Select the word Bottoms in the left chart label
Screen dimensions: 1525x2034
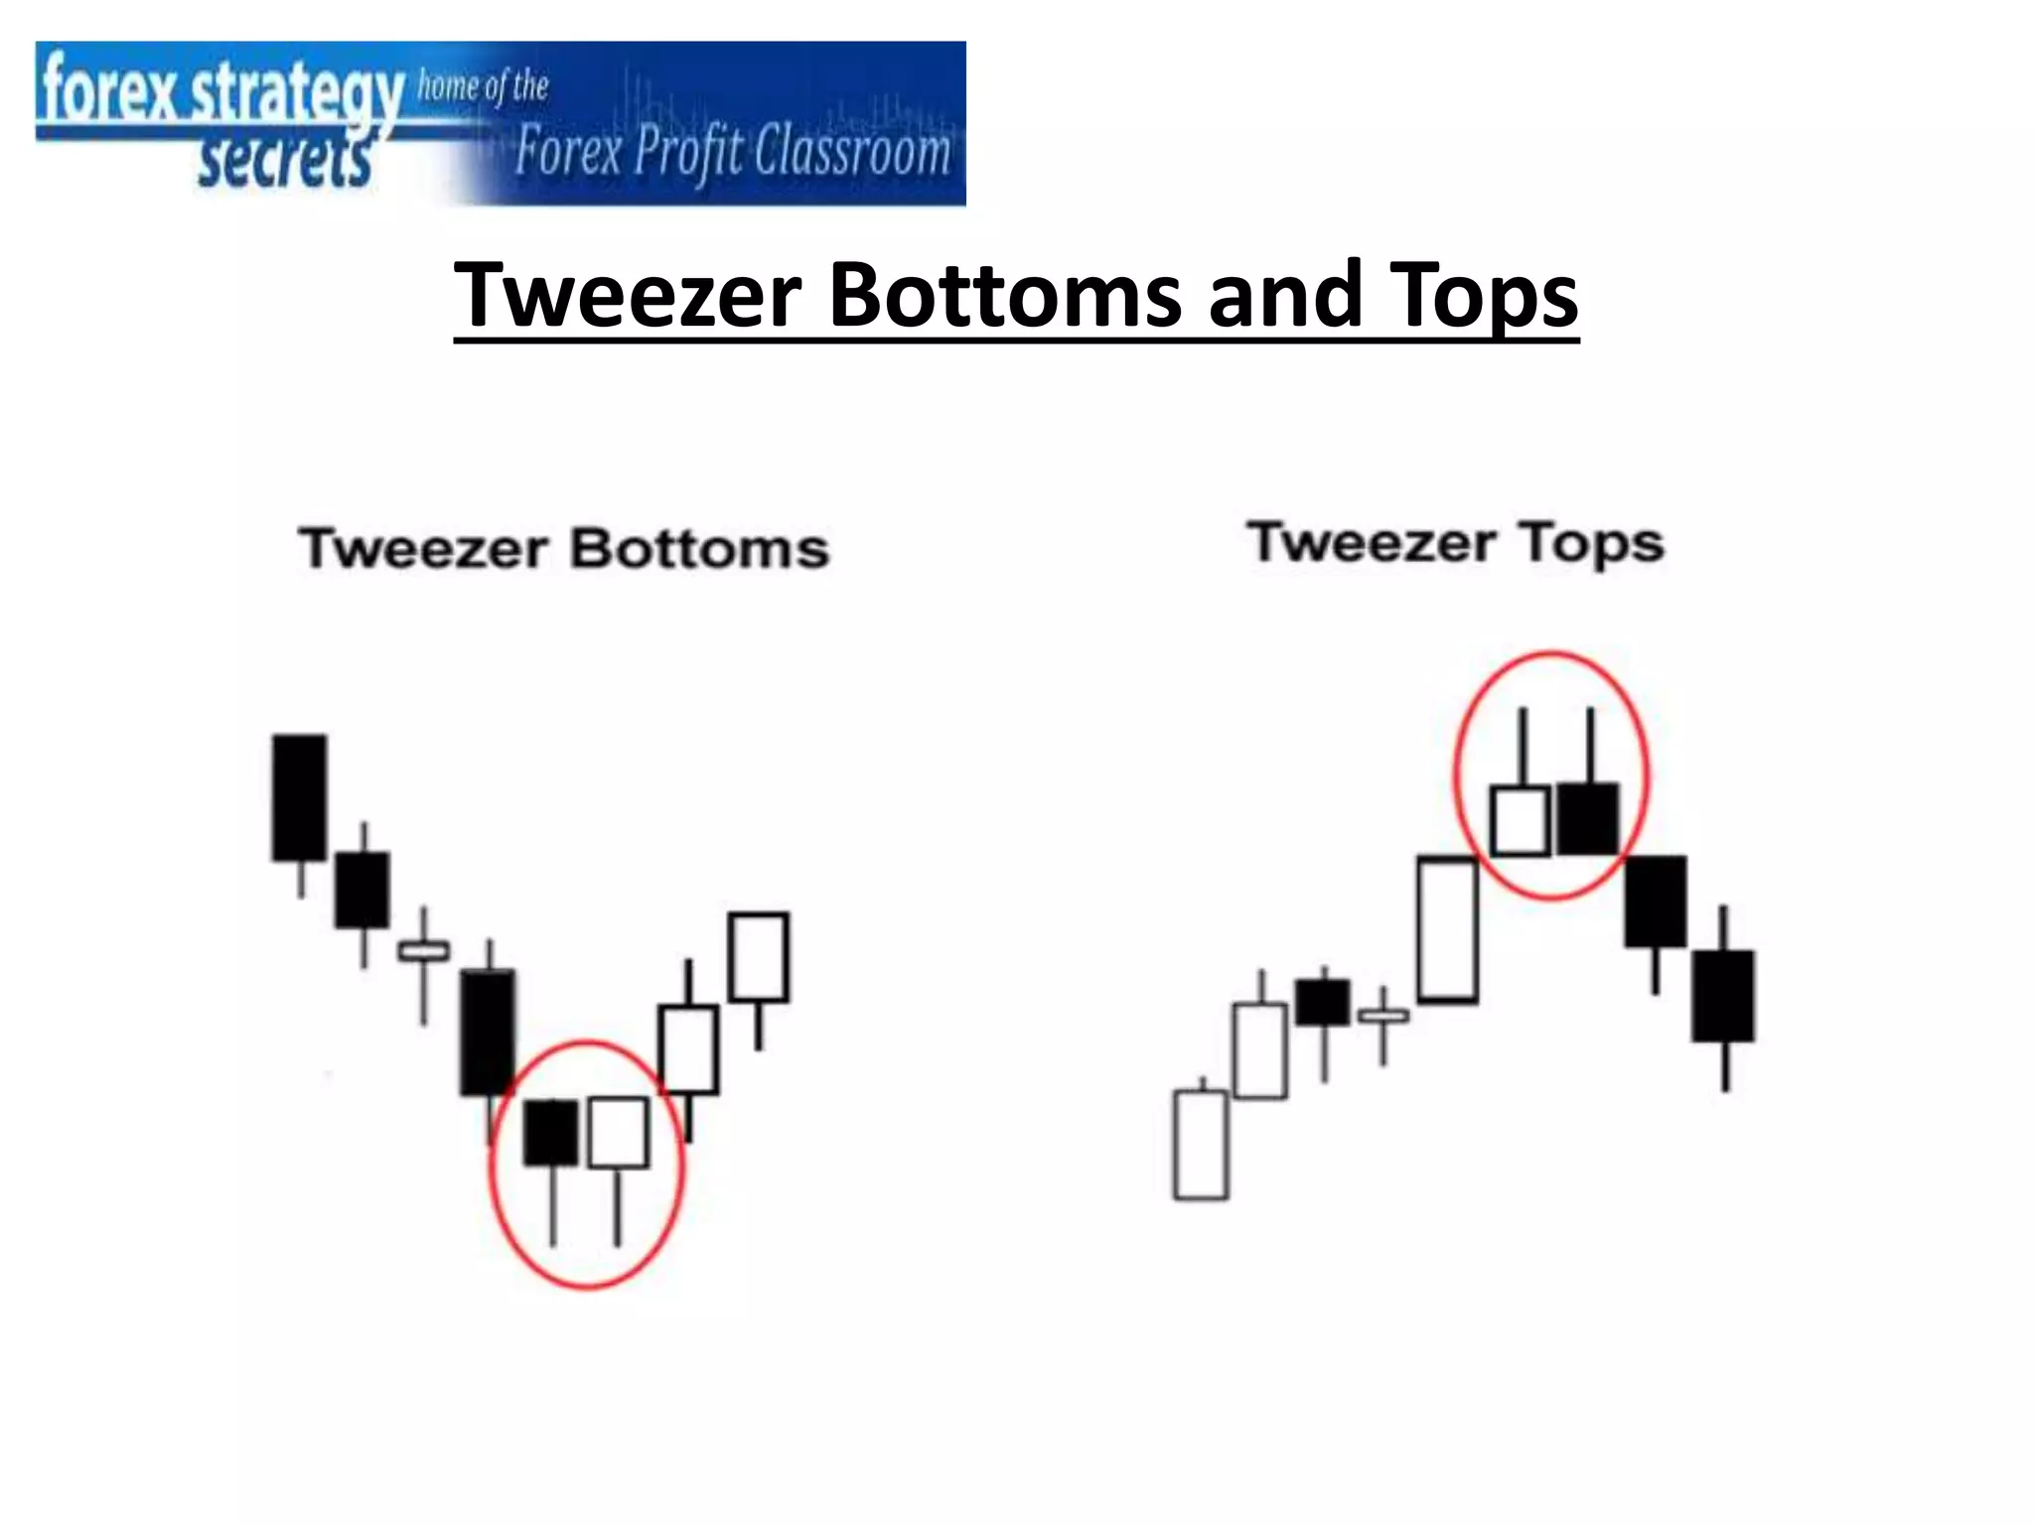click(x=699, y=549)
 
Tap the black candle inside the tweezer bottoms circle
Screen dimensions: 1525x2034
click(x=550, y=1132)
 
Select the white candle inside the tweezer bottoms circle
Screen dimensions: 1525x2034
click(x=618, y=1132)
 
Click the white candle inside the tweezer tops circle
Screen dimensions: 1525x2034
click(x=1521, y=821)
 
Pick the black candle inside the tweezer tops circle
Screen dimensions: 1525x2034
click(x=1588, y=819)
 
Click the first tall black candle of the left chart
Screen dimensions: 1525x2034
click(x=299, y=797)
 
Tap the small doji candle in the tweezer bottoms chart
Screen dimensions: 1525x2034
click(x=423, y=951)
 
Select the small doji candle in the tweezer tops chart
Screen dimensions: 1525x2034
click(x=1382, y=1015)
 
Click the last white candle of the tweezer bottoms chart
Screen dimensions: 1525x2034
click(x=759, y=957)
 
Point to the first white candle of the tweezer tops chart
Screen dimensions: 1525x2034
click(x=1201, y=1145)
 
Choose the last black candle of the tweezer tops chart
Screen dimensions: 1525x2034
click(x=1723, y=996)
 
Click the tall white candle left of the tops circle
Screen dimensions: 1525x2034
click(x=1447, y=929)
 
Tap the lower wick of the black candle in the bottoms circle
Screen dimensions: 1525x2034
click(x=552, y=1205)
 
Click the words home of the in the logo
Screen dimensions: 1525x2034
click(x=483, y=86)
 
